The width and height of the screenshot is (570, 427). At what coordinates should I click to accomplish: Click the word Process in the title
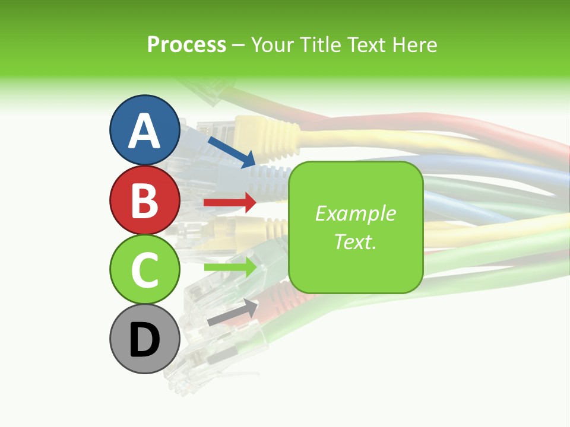[186, 45]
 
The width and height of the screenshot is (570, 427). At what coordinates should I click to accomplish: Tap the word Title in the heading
[321, 45]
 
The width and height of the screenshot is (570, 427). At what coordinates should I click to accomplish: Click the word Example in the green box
[355, 213]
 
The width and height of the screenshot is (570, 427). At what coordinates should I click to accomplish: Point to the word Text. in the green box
[355, 241]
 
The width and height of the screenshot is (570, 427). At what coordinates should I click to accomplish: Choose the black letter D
[144, 340]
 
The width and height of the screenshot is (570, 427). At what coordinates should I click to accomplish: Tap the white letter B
[144, 200]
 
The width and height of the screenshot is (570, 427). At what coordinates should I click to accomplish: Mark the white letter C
[144, 270]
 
